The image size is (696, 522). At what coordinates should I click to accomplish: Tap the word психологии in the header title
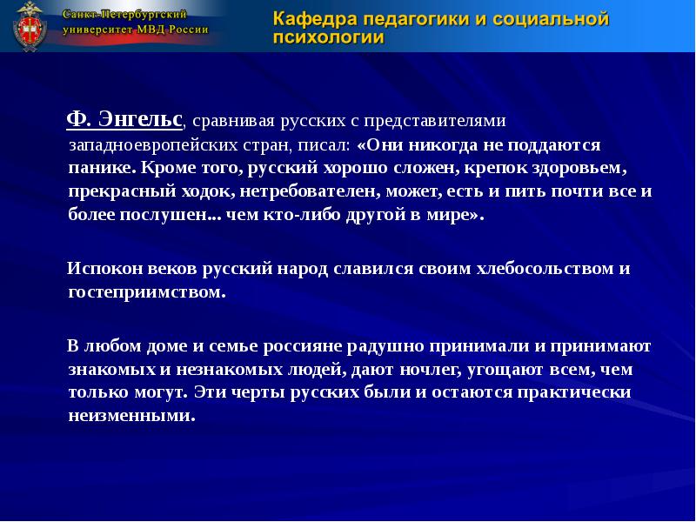click(x=329, y=38)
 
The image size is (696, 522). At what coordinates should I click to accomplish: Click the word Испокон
click(x=102, y=269)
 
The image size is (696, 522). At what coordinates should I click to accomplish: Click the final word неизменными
click(x=130, y=416)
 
